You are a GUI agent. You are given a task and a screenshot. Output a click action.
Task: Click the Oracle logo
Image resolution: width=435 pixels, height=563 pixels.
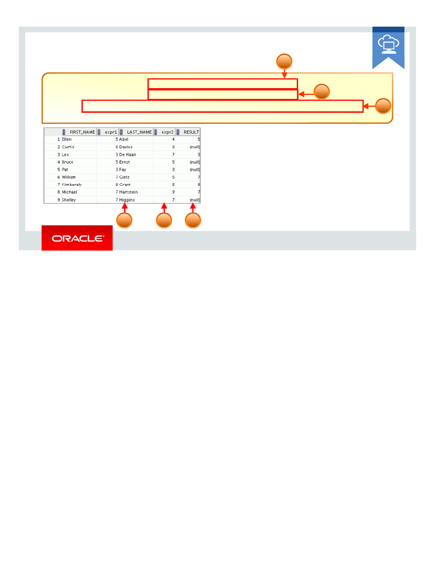click(x=77, y=238)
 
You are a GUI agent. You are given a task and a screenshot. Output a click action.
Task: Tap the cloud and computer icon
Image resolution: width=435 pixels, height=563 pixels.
click(x=388, y=44)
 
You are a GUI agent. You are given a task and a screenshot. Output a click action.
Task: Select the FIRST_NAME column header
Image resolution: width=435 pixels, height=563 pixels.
click(x=82, y=132)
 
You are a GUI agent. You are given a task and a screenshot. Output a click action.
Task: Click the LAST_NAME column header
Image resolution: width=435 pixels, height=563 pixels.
click(x=139, y=132)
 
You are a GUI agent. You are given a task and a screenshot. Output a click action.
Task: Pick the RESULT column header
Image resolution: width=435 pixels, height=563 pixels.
click(x=191, y=132)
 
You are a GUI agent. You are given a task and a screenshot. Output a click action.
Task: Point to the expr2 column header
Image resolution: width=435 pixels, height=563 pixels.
click(x=167, y=132)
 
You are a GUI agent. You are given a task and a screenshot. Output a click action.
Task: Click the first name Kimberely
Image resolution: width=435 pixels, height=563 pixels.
click(x=72, y=185)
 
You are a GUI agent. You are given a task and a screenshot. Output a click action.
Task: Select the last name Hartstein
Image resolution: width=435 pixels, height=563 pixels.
click(x=128, y=192)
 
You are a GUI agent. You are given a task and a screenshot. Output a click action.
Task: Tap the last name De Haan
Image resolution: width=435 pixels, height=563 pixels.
click(x=128, y=155)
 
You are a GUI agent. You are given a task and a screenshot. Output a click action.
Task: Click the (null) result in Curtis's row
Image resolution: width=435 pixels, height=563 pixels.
click(x=195, y=147)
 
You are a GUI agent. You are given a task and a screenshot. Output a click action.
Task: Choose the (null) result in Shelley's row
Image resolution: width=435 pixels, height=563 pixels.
click(x=195, y=200)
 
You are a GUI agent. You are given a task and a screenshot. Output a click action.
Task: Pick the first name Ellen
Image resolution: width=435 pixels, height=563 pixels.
click(x=67, y=139)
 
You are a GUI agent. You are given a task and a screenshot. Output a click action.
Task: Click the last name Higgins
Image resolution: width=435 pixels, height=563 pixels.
click(x=127, y=200)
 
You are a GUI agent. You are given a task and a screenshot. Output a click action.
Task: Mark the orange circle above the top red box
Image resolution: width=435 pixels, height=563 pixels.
click(x=284, y=62)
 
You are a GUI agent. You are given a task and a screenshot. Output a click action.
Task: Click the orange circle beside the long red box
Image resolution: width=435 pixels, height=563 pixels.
click(x=383, y=106)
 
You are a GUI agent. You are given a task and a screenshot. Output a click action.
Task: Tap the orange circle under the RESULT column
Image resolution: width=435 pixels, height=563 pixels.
click(x=193, y=220)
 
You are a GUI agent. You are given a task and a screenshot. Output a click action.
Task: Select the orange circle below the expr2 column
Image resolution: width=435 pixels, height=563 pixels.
click(x=164, y=220)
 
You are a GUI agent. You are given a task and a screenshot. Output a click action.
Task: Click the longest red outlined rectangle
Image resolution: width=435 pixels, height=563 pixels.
click(x=222, y=106)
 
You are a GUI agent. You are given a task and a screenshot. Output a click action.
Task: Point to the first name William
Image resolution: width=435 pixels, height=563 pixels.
click(x=69, y=177)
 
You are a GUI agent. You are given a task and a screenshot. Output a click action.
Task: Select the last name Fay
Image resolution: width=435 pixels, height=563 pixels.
click(x=123, y=170)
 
